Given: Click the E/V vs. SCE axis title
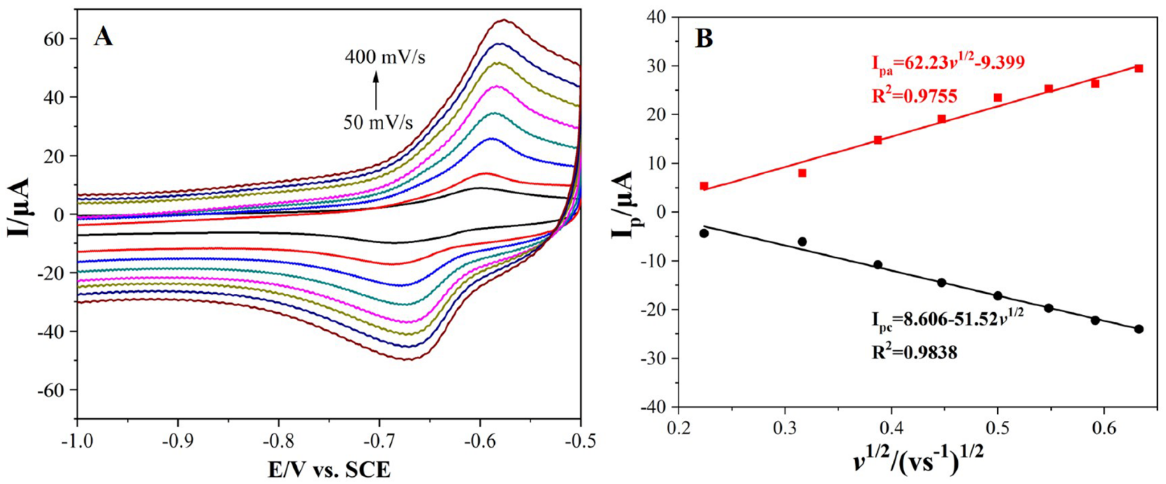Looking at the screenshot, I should click(329, 471).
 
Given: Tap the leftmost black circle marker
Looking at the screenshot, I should click(704, 233).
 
